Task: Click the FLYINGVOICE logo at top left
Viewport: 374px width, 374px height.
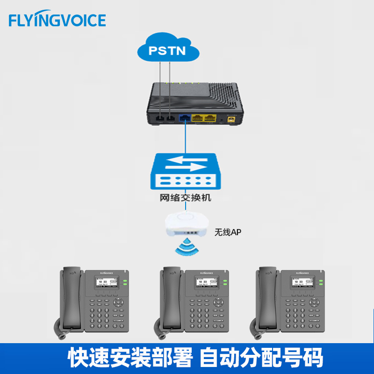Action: coord(58,20)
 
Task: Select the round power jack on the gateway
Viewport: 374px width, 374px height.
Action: coord(230,119)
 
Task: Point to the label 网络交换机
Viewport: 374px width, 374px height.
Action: coord(186,197)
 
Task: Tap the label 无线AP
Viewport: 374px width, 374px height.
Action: coord(228,231)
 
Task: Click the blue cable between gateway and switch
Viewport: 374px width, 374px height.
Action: coord(186,138)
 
